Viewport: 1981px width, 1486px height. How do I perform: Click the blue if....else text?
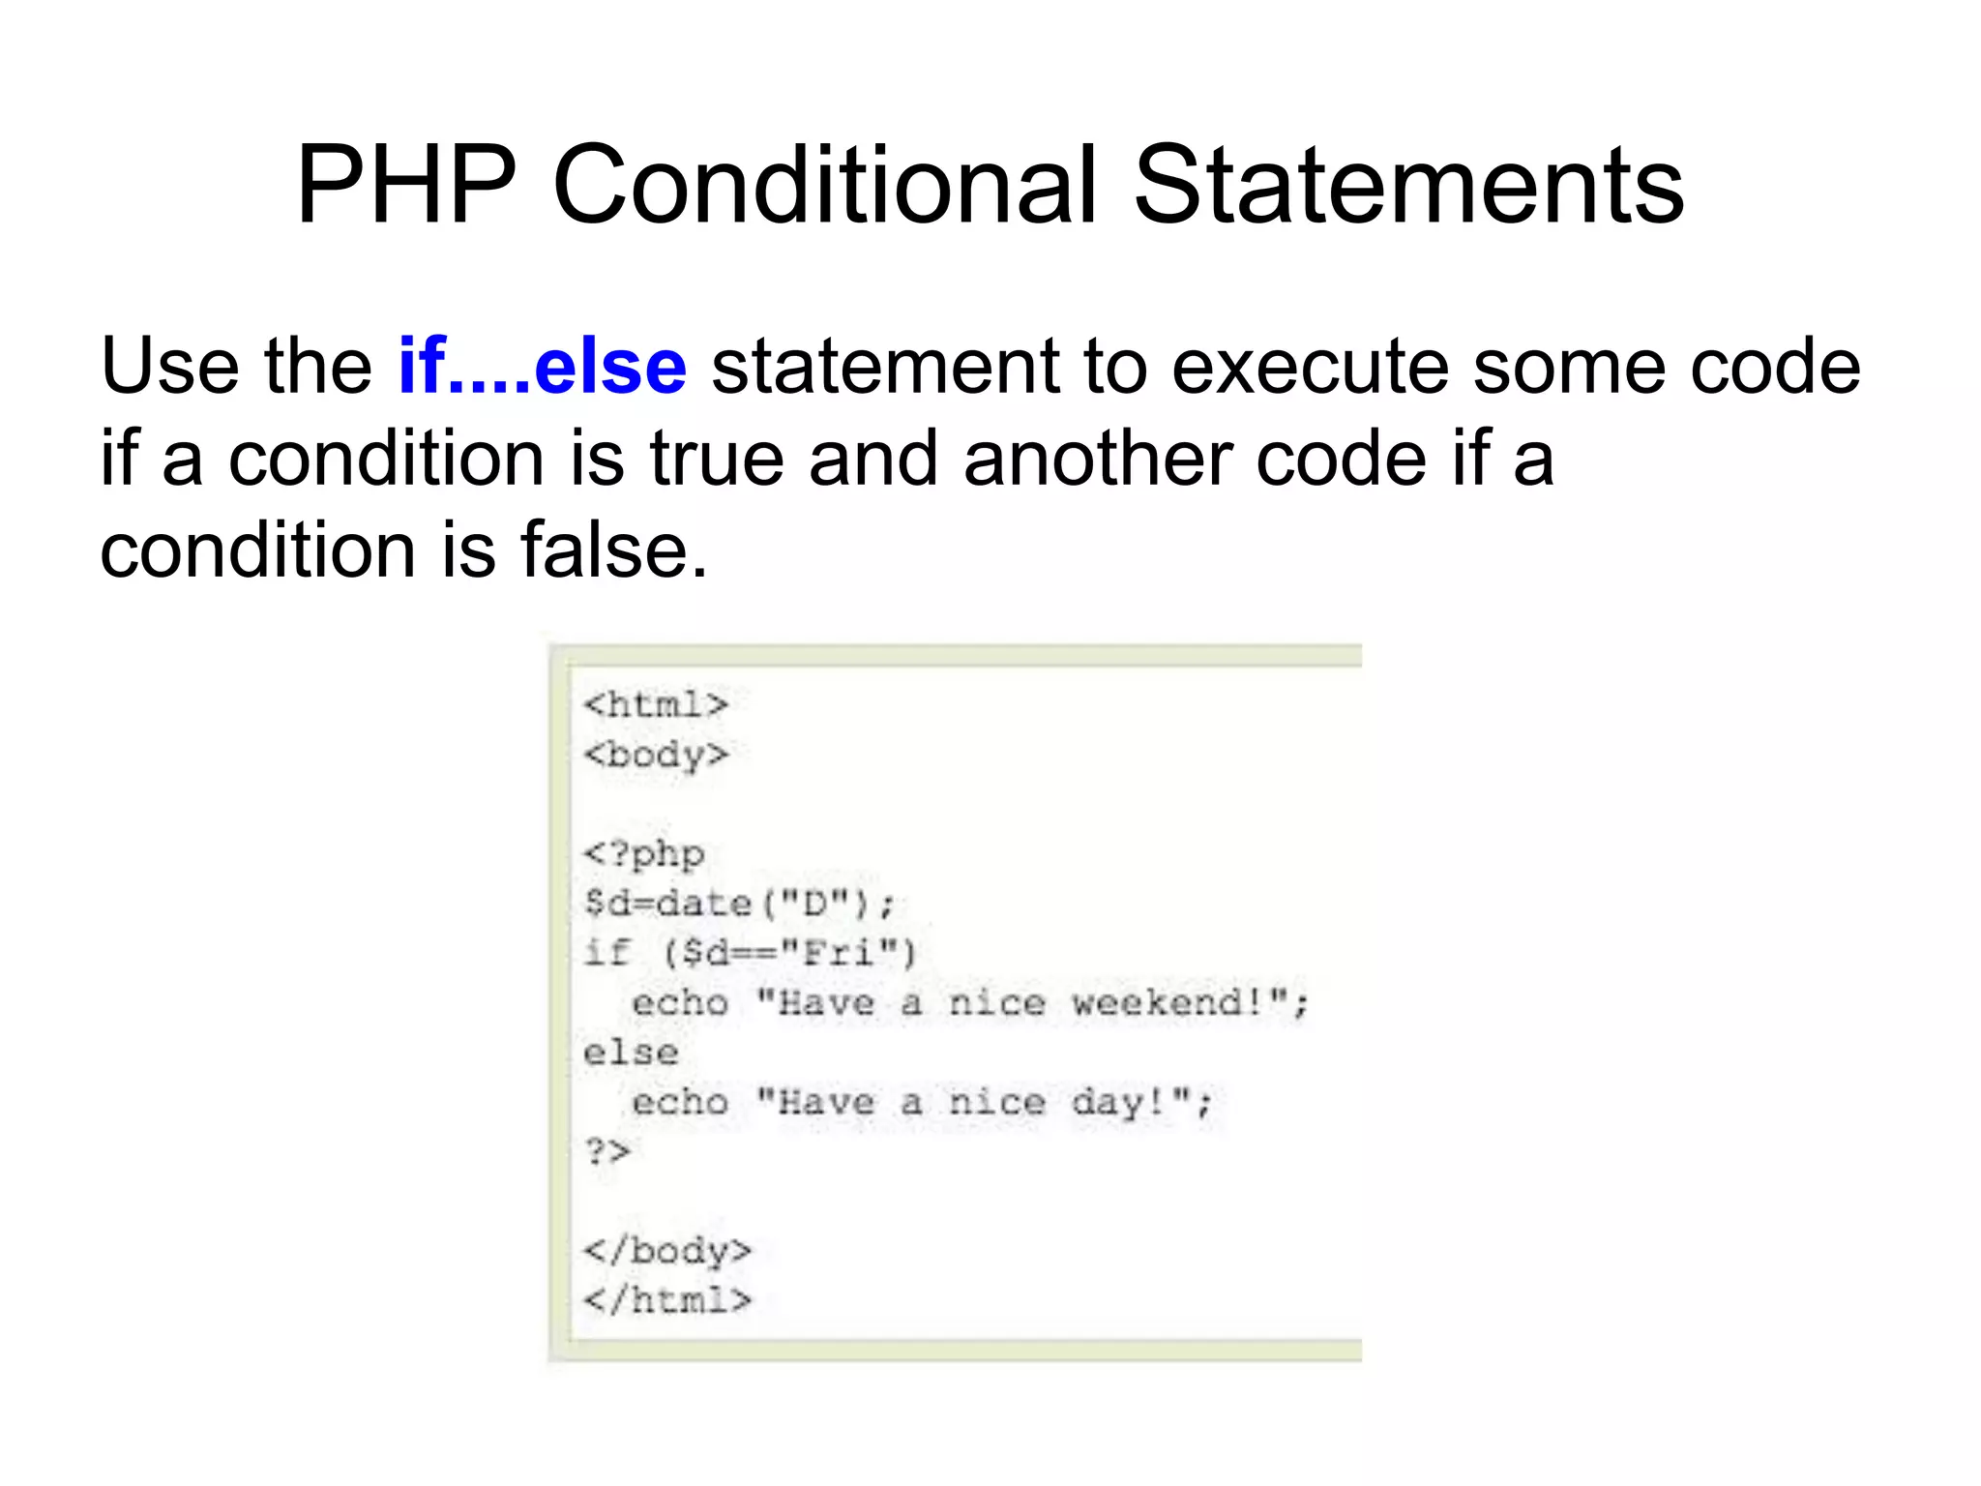point(543,367)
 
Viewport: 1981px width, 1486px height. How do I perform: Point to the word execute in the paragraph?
point(1307,367)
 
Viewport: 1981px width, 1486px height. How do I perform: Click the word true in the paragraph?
point(716,459)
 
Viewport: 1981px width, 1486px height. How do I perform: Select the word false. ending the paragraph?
point(613,550)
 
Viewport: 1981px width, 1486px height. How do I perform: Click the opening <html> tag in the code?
point(656,704)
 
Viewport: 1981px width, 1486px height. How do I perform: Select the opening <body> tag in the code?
point(656,755)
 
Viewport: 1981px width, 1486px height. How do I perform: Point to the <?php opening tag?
point(644,854)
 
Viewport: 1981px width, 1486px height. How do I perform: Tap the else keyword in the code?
point(631,1053)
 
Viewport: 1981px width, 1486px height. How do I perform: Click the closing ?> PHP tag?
point(607,1152)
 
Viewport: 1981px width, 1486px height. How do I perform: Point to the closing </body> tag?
point(667,1251)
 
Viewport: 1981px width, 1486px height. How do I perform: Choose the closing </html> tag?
point(667,1300)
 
